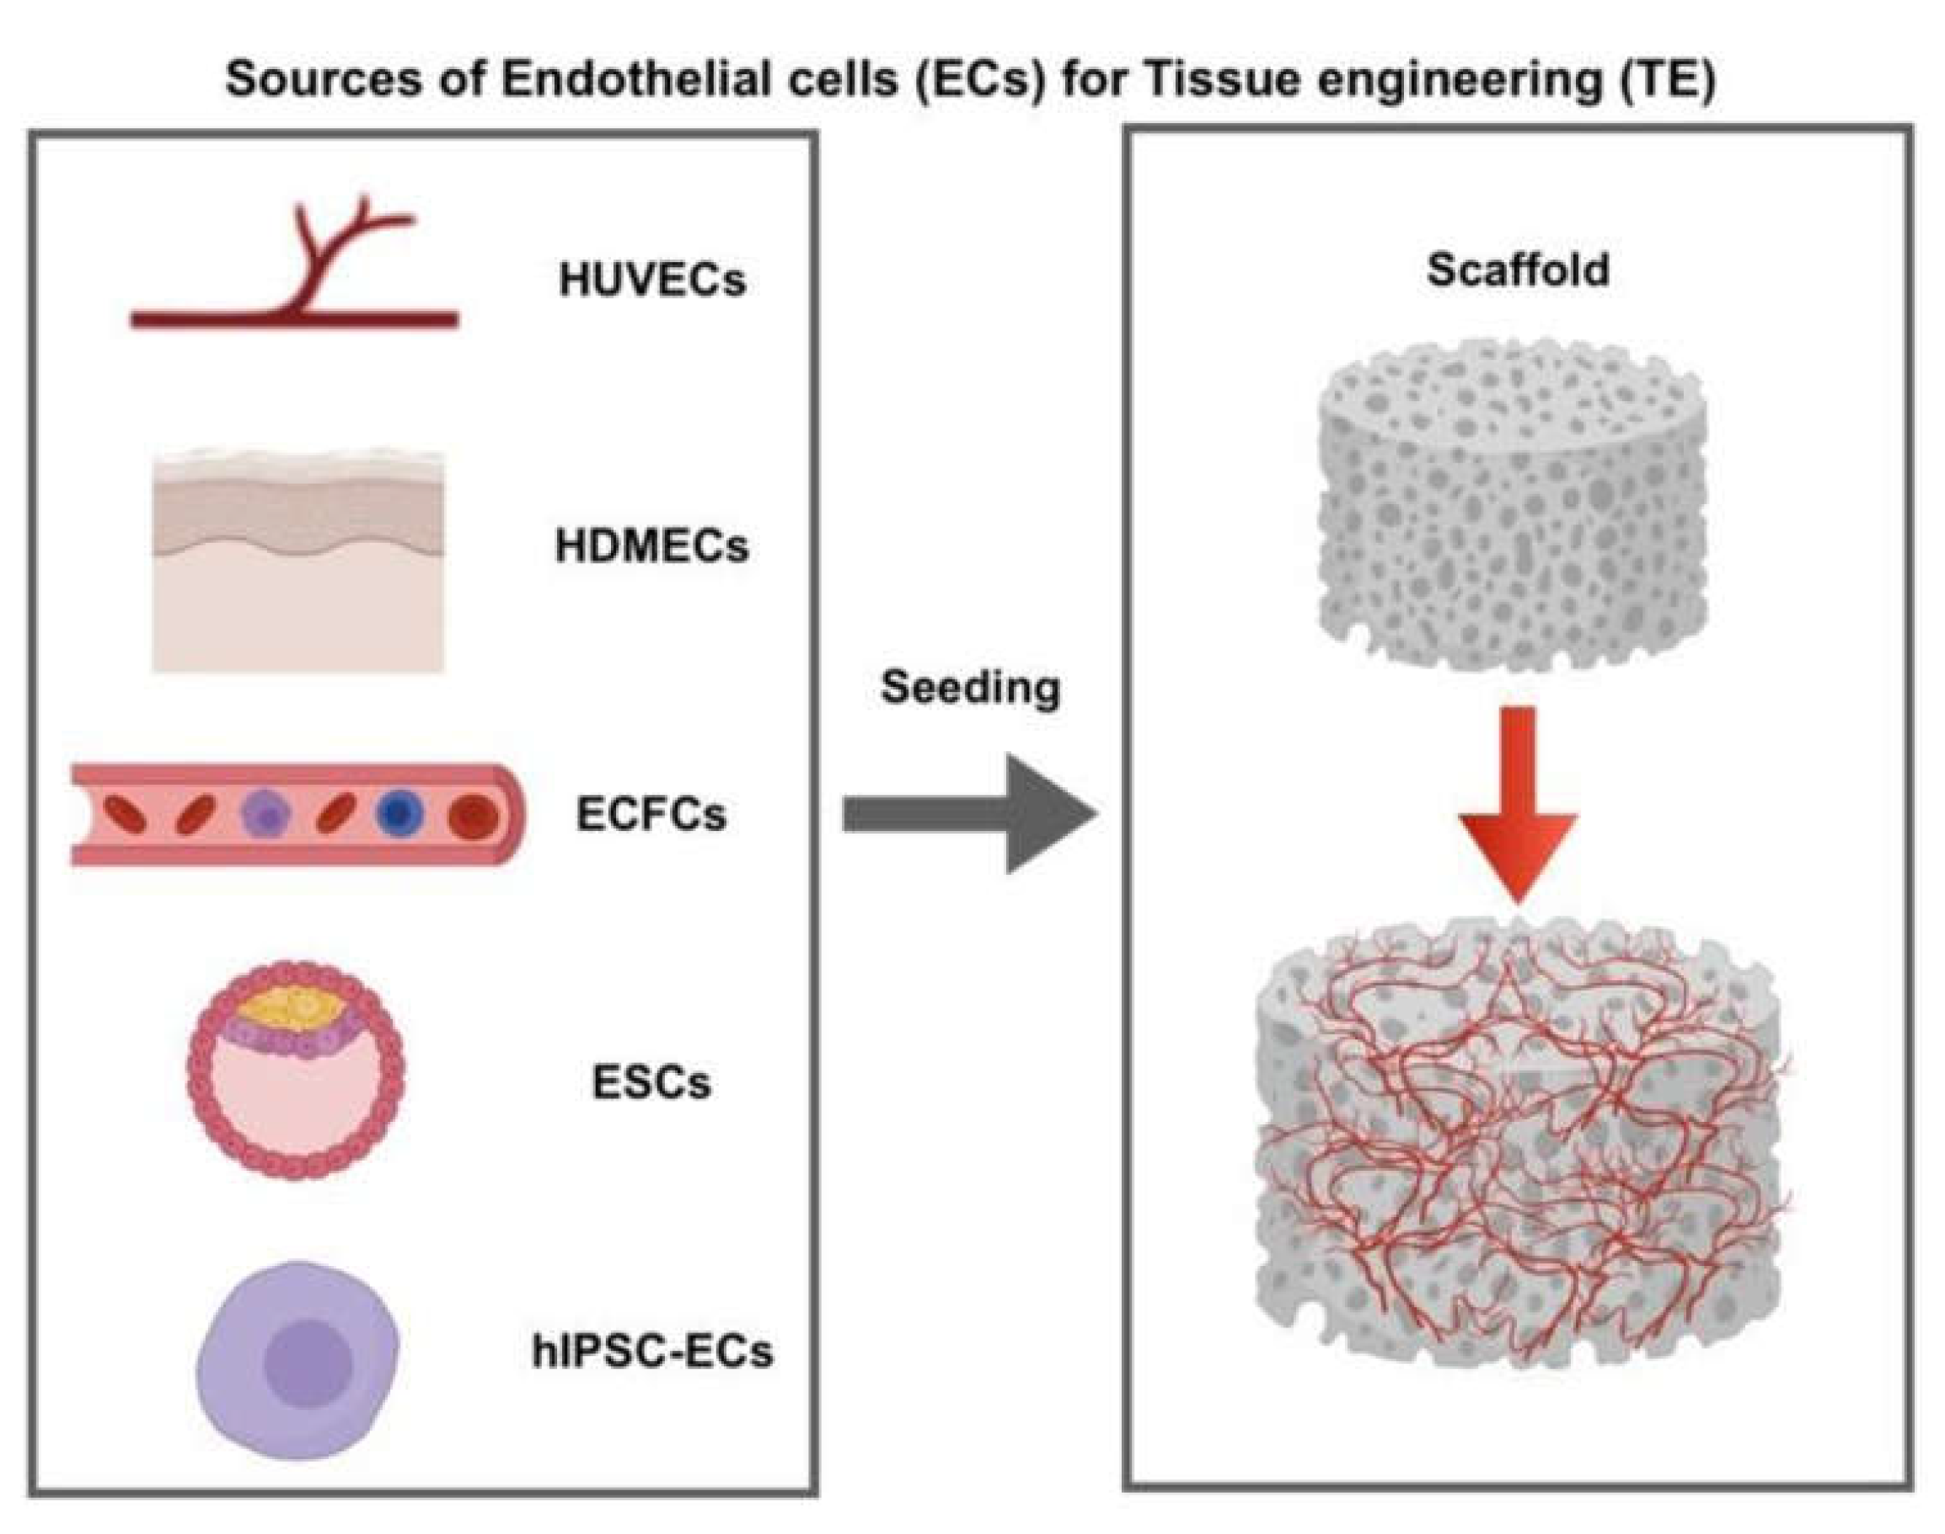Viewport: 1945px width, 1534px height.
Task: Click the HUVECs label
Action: pyautogui.click(x=652, y=279)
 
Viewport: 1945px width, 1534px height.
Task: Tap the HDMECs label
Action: pyautogui.click(x=652, y=546)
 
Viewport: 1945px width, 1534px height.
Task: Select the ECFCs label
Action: pyautogui.click(x=651, y=814)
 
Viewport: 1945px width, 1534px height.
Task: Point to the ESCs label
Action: pyautogui.click(x=652, y=1082)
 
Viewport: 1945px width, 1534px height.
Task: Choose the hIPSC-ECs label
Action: pyautogui.click(x=653, y=1351)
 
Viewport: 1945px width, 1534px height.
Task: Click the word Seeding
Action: pyautogui.click(x=971, y=689)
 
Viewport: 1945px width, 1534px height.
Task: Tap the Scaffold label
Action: pyautogui.click(x=1518, y=270)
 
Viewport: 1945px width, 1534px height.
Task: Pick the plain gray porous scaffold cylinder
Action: pyautogui.click(x=1513, y=503)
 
